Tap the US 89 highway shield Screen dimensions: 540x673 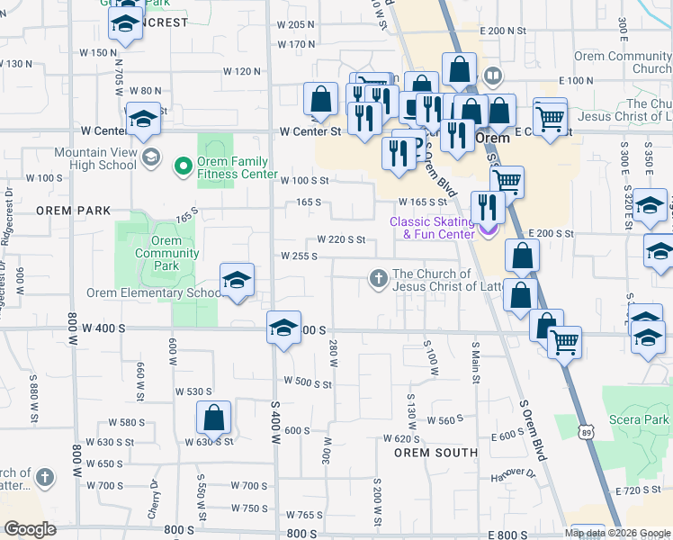coord(586,434)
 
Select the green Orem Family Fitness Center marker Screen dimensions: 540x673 coord(184,164)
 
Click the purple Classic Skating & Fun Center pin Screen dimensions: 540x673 coord(488,229)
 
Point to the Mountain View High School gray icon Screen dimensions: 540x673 coord(150,158)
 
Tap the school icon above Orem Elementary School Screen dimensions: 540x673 coord(237,280)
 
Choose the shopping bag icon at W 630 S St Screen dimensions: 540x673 coord(214,418)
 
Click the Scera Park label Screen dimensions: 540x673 coord(643,419)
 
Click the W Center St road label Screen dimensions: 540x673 coord(310,131)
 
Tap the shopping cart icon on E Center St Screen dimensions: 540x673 coord(550,116)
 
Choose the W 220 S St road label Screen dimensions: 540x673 coord(340,240)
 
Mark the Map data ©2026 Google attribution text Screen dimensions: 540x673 coord(617,533)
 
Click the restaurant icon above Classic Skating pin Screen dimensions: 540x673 coord(488,208)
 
